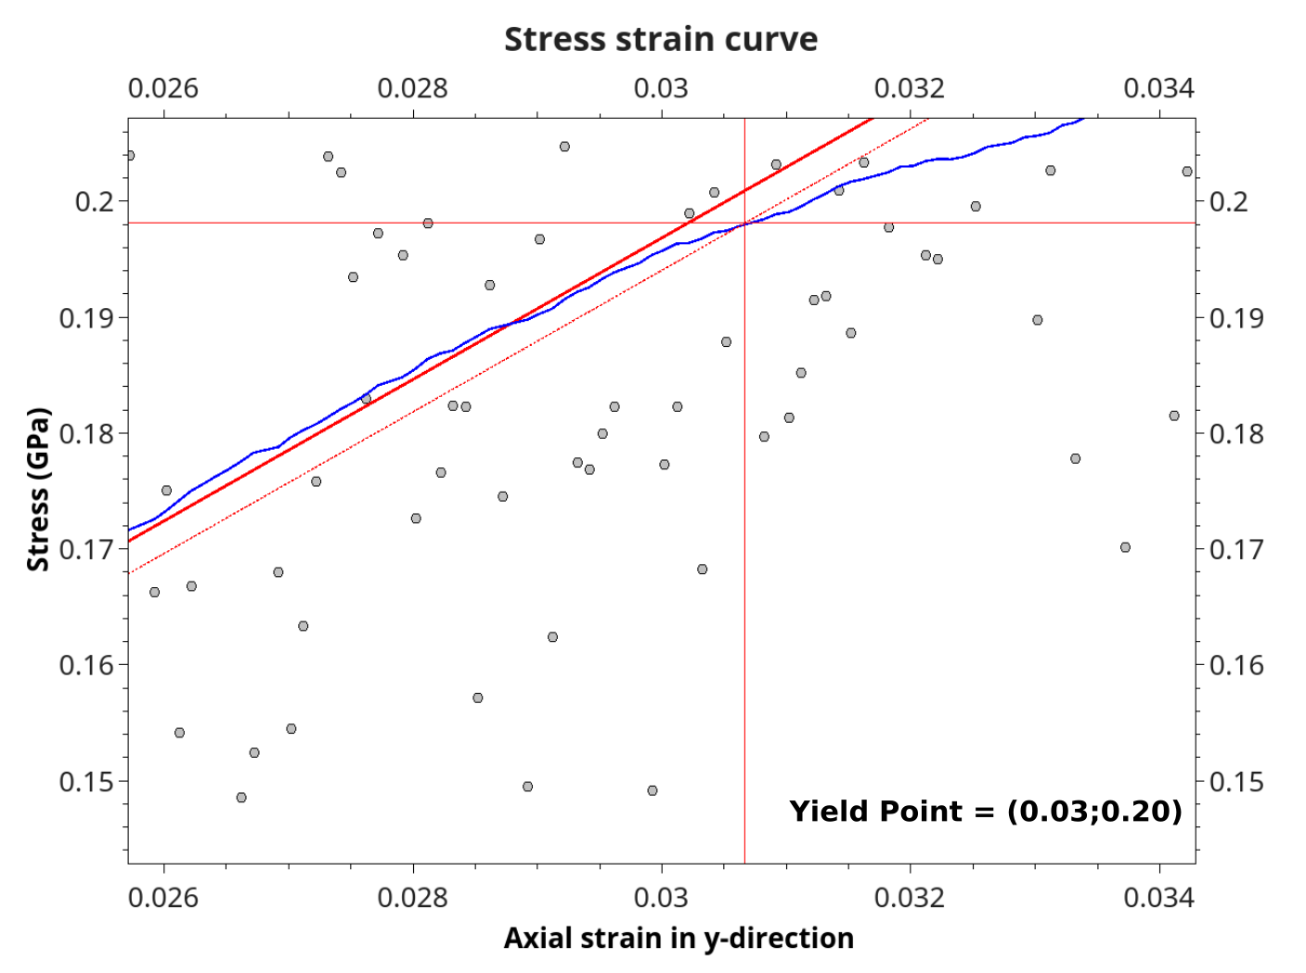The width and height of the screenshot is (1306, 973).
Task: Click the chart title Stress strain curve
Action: click(x=660, y=40)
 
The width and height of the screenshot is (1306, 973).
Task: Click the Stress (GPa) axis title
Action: click(x=38, y=489)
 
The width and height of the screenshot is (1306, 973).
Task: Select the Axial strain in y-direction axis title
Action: click(x=678, y=939)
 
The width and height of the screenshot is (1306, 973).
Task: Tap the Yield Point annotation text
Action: click(x=985, y=812)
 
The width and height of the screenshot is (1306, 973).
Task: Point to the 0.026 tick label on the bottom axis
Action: click(x=163, y=897)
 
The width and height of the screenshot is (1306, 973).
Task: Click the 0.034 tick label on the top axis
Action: click(x=1158, y=88)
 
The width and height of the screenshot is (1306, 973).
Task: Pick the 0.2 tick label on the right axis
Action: click(x=1228, y=201)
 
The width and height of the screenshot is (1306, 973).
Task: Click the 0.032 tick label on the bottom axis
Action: click(x=910, y=897)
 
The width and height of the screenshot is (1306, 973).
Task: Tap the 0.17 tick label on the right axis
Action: click(x=1236, y=550)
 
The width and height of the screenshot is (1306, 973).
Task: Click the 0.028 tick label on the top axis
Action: click(x=412, y=88)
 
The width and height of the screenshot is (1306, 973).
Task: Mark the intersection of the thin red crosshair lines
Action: click(x=744, y=223)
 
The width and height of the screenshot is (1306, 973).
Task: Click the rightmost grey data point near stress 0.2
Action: click(x=1187, y=172)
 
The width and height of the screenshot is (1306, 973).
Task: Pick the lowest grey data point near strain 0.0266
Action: click(x=241, y=798)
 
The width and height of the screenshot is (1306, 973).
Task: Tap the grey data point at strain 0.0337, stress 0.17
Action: click(x=1125, y=547)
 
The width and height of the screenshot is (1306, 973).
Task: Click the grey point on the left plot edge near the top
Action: click(x=130, y=155)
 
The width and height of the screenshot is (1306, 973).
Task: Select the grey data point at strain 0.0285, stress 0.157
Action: click(x=478, y=698)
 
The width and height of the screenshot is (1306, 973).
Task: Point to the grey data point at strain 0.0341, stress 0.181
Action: click(x=1174, y=416)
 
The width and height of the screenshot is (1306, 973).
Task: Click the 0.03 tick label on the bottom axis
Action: click(x=661, y=897)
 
